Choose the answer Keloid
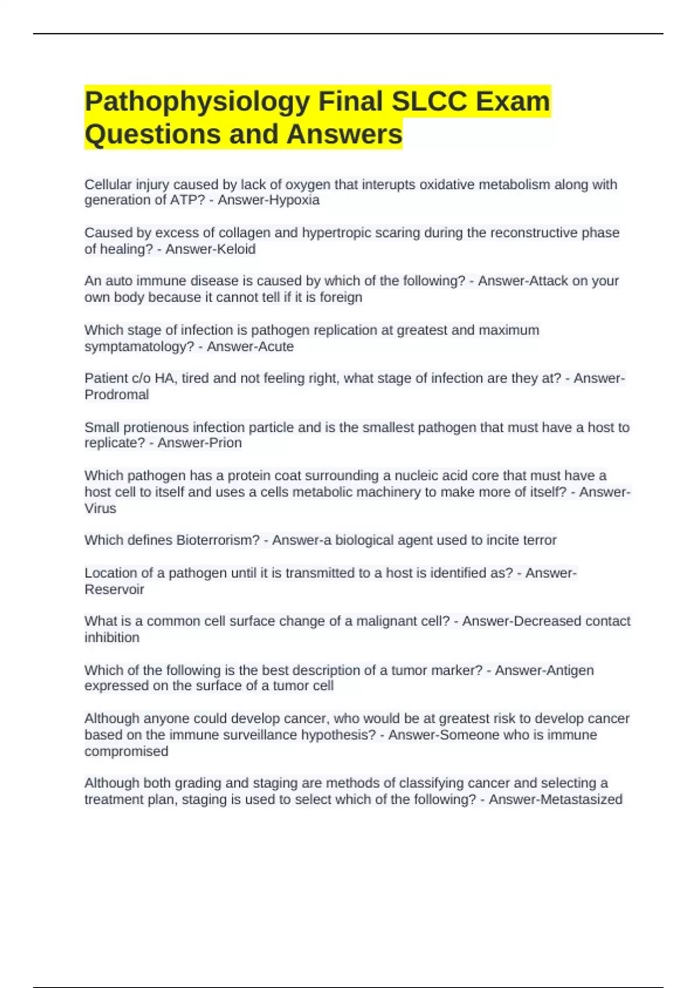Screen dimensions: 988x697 coord(232,249)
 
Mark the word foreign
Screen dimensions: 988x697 coord(341,297)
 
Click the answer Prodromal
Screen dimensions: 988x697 coord(117,395)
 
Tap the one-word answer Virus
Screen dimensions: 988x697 coord(100,509)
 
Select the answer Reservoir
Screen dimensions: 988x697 coord(114,589)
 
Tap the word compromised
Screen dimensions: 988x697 coord(127,751)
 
